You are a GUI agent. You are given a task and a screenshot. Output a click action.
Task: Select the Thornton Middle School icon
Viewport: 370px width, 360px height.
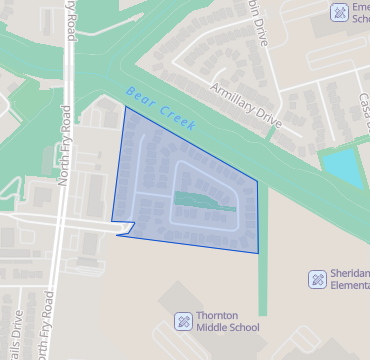pos(184,320)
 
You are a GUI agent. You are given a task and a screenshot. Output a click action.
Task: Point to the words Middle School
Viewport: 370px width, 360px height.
pos(226,327)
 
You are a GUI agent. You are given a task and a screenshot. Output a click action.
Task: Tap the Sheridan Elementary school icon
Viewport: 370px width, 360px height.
pos(317,278)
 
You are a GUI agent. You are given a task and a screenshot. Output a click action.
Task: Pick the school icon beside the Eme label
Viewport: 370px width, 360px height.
pos(339,12)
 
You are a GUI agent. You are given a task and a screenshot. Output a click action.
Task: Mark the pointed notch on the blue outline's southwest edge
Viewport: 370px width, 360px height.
pos(119,235)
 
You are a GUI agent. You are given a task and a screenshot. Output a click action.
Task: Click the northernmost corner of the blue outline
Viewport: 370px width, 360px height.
pos(123,108)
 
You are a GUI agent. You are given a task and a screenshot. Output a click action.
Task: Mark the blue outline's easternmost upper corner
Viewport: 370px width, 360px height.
pos(257,182)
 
